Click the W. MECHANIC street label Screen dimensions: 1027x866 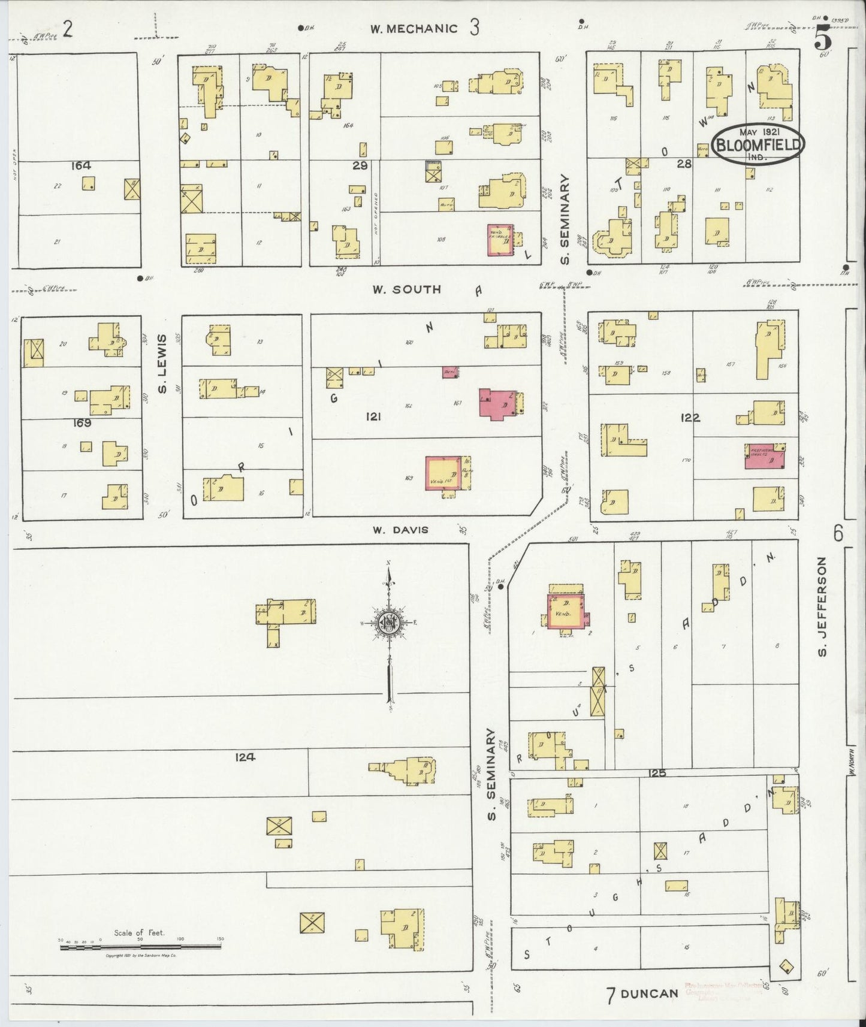(x=414, y=28)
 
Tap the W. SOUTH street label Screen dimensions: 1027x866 (x=406, y=289)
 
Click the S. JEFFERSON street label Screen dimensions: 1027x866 (x=822, y=606)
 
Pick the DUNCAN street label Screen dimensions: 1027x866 (x=649, y=993)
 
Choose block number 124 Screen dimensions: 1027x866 (x=246, y=757)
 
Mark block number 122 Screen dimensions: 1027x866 (x=690, y=418)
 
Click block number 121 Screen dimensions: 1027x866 (x=372, y=416)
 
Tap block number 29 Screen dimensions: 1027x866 (x=360, y=165)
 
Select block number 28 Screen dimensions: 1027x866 (x=684, y=164)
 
